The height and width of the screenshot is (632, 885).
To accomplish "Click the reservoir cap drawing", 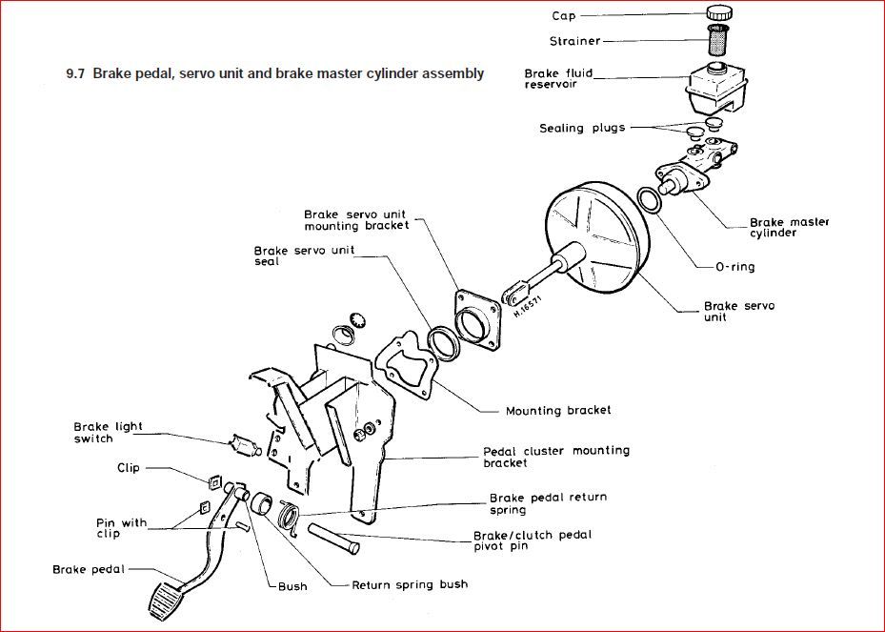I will (719, 12).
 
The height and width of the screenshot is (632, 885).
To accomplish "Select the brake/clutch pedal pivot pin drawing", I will (332, 535).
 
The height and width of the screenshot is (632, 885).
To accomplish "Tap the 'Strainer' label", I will (574, 41).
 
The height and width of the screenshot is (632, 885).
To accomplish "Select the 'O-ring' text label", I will (734, 267).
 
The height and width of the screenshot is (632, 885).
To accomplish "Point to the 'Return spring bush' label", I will (410, 584).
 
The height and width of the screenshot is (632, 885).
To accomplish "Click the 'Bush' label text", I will (293, 586).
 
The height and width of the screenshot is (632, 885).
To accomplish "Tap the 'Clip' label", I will (129, 468).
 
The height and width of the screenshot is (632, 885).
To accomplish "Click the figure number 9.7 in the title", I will (76, 73).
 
